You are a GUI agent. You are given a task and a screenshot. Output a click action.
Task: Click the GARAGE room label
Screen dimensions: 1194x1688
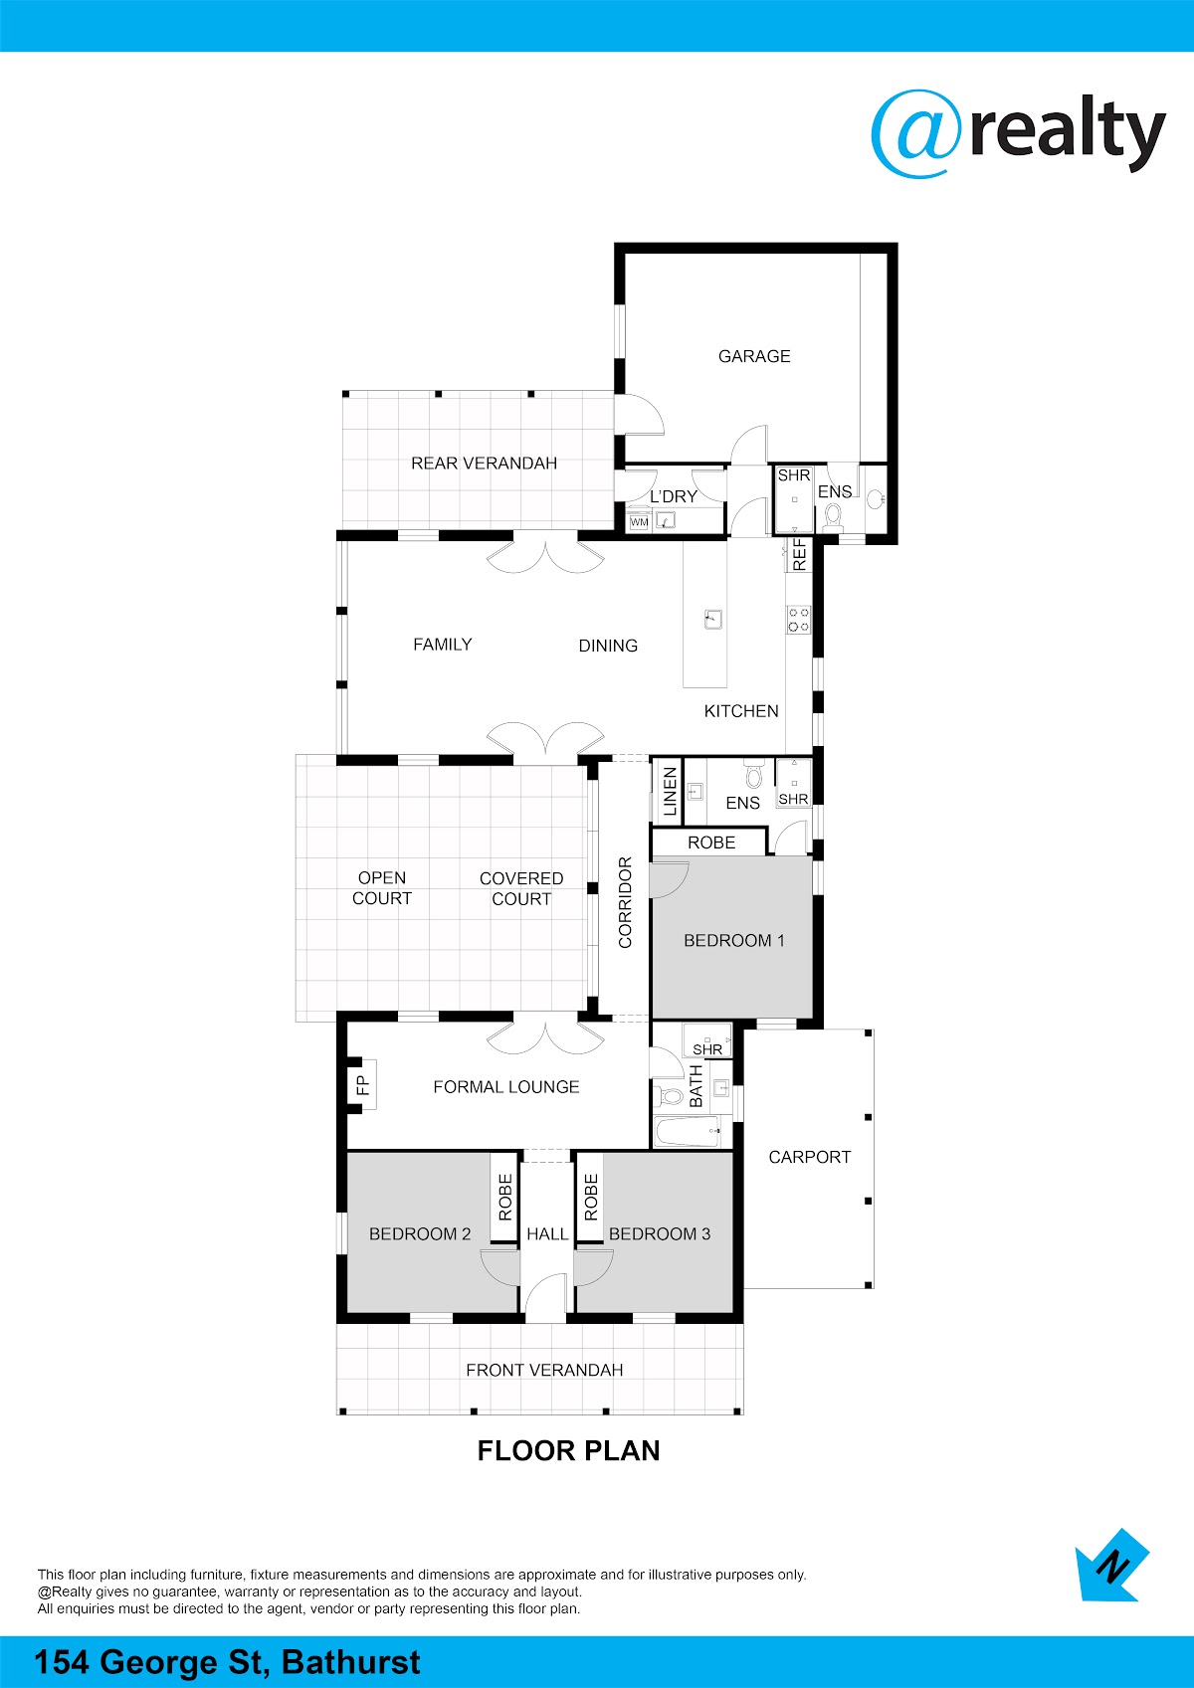(x=754, y=356)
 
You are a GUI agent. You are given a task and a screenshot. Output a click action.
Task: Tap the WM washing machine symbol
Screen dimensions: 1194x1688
(x=639, y=521)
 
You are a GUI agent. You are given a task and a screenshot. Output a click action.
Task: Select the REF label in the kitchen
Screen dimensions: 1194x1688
(x=799, y=555)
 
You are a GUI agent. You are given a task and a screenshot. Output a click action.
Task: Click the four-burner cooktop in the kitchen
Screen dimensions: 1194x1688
(x=798, y=620)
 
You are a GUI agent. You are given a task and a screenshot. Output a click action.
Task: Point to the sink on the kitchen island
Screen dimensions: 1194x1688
(x=712, y=620)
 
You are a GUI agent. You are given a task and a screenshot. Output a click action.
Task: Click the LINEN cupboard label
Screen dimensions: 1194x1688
(x=670, y=792)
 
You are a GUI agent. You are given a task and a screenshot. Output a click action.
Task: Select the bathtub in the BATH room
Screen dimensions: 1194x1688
(x=688, y=1132)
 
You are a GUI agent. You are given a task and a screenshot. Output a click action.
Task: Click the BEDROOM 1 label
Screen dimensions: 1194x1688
(x=733, y=940)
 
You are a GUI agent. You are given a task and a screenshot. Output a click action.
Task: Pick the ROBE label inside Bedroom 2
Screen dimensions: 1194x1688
(x=505, y=1198)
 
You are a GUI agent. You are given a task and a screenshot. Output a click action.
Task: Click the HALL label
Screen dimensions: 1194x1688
(x=547, y=1233)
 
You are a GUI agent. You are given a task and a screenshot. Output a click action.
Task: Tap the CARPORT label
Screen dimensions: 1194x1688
(x=810, y=1157)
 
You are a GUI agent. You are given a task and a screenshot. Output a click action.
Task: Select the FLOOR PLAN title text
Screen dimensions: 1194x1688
(x=568, y=1450)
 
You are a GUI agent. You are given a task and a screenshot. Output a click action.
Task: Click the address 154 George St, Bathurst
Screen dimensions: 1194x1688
(x=227, y=1662)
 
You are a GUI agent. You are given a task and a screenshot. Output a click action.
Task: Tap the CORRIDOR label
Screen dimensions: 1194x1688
(x=625, y=902)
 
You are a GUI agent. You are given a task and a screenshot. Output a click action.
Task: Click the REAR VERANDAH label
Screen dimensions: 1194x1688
(x=484, y=464)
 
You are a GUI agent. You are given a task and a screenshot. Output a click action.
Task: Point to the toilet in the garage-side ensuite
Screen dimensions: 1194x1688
(x=833, y=516)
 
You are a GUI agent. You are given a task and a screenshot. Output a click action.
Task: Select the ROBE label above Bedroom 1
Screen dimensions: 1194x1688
(x=710, y=843)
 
